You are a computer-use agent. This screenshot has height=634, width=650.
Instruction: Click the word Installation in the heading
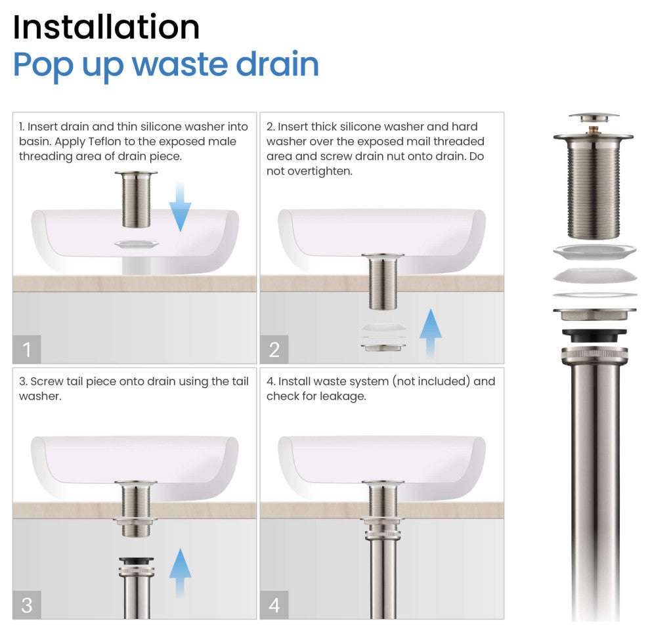106,28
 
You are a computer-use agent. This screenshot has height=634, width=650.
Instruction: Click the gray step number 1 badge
27,349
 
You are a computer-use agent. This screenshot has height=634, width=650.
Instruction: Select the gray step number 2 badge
274,349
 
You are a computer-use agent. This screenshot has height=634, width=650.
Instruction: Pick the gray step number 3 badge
27,605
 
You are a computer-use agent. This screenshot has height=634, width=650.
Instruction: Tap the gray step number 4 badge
274,605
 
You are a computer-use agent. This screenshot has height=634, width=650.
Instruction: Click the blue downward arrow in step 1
180,207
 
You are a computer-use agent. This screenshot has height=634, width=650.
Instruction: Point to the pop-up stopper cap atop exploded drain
594,117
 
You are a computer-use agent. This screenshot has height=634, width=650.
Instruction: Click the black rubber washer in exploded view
594,335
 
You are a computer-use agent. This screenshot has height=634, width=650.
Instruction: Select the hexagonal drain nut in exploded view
594,314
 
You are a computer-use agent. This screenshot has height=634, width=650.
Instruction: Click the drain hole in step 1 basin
137,244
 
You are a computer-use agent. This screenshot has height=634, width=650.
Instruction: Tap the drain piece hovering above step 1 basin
136,200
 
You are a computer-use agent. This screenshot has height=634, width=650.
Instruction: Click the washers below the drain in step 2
383,337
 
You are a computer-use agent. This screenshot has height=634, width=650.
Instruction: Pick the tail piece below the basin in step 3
137,587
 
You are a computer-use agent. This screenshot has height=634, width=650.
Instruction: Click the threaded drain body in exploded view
594,186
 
